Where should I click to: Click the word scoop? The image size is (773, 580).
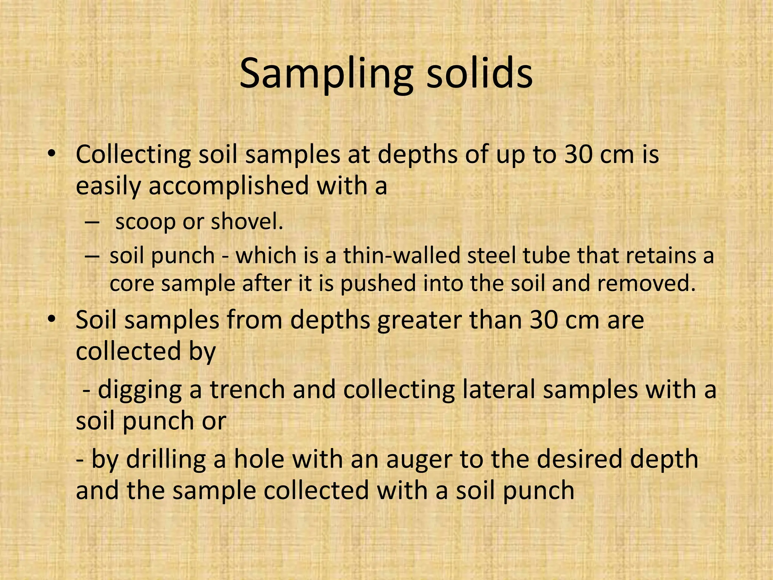tap(145, 222)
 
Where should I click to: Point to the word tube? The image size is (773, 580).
tap(546, 256)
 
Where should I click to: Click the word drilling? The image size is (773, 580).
tap(166, 460)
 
